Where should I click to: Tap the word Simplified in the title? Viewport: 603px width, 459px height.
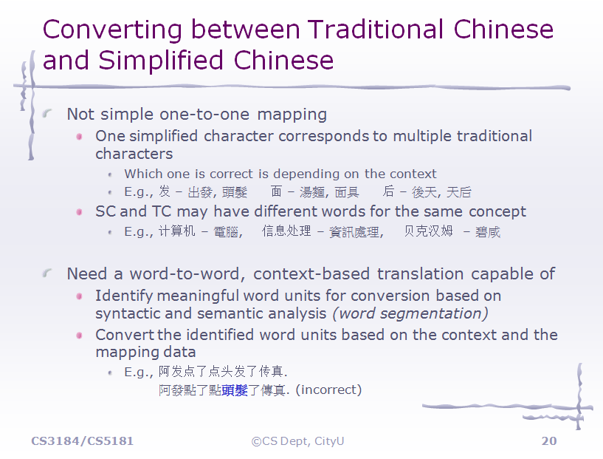[x=160, y=61]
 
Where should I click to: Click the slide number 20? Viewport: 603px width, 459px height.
[x=549, y=441]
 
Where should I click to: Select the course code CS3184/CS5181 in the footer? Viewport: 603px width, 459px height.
[x=83, y=441]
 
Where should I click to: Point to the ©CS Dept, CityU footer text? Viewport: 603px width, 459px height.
[x=297, y=441]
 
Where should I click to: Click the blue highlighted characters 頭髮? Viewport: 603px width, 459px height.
[x=235, y=390]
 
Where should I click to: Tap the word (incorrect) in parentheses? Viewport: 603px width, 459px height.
[x=328, y=390]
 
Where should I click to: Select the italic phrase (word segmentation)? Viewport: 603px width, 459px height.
[x=410, y=313]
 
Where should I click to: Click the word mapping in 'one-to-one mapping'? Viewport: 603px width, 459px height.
[x=292, y=115]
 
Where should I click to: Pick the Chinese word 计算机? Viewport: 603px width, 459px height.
[x=177, y=231]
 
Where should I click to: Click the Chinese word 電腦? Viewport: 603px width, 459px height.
[x=226, y=232]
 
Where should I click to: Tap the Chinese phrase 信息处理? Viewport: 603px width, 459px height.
[x=286, y=231]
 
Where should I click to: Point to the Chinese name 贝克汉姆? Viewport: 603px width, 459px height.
[x=428, y=231]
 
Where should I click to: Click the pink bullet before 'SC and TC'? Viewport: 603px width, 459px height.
[x=80, y=212]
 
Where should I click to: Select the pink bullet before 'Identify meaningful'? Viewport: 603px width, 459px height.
[x=80, y=296]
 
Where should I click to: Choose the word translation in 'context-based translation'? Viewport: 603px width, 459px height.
[x=421, y=273]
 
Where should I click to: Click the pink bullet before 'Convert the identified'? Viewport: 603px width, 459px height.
[x=80, y=336]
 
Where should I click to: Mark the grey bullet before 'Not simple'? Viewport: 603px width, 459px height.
[x=47, y=113]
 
